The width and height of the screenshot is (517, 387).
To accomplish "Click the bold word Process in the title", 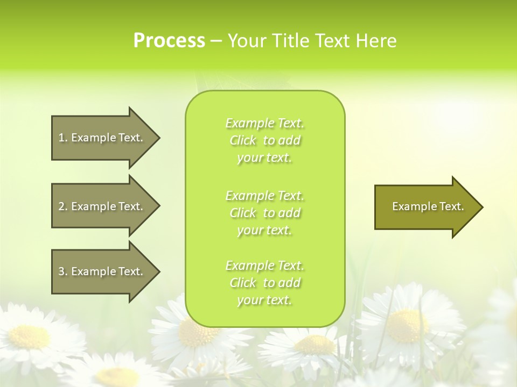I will (x=169, y=41).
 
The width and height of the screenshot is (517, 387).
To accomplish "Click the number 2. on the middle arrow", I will (x=63, y=206).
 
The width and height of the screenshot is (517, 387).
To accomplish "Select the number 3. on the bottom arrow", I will (x=63, y=271).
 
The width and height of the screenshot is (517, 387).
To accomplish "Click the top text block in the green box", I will (x=265, y=140).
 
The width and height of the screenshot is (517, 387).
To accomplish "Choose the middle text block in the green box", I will (x=265, y=213).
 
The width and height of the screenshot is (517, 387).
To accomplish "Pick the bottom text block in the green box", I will (x=265, y=283).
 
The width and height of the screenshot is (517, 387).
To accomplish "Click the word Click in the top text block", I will (x=243, y=140).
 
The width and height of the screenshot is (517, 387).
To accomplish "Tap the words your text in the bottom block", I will (x=264, y=300).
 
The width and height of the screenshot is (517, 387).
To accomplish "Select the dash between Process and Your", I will (x=216, y=41).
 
